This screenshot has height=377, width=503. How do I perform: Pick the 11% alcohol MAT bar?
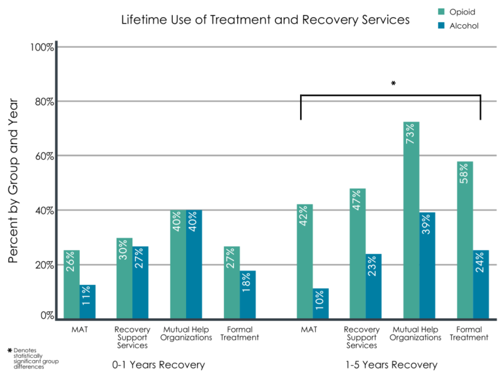[x=88, y=302]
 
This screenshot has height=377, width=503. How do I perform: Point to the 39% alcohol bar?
[x=428, y=266]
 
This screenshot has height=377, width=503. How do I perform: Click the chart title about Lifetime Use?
[x=265, y=20]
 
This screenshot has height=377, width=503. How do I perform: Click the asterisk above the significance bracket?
[x=393, y=84]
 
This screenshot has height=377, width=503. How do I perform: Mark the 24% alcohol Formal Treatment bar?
[x=481, y=285]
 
